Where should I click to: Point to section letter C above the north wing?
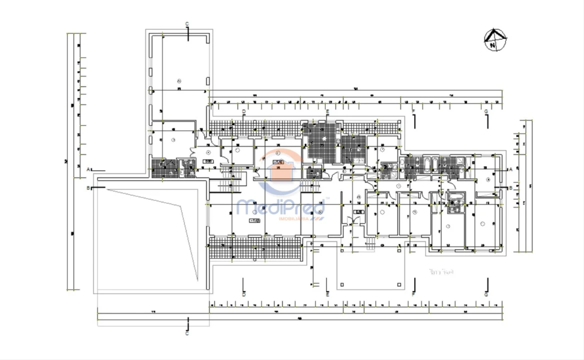click(187, 24)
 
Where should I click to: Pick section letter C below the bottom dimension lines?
click(187, 333)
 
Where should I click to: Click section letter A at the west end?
click(88, 169)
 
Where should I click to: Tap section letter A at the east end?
click(511, 169)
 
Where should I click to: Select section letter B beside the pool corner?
click(88, 188)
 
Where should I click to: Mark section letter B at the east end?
click(511, 188)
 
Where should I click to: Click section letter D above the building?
click(244, 111)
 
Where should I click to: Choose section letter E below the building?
click(327, 294)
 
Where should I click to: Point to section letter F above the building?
click(414, 111)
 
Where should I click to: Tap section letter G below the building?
click(486, 294)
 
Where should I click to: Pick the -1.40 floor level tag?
click(278, 162)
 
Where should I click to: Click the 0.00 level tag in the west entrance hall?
click(208, 161)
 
